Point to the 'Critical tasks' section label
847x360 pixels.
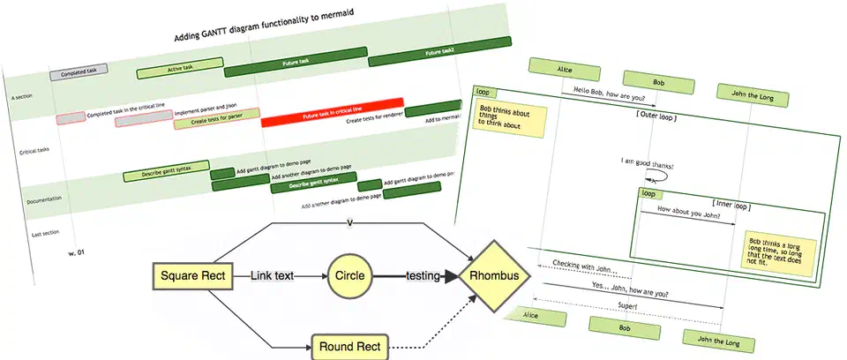click(34, 152)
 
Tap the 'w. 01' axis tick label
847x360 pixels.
click(77, 253)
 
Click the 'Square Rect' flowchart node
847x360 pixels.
click(191, 276)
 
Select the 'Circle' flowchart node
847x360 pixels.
click(348, 276)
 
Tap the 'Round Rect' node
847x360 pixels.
click(349, 347)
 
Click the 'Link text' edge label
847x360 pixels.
click(272, 276)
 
